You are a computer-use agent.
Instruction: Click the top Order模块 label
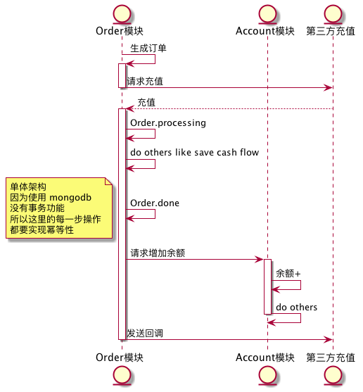click(x=121, y=32)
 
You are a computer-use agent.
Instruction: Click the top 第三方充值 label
click(x=331, y=32)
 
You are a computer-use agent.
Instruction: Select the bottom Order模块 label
click(x=121, y=358)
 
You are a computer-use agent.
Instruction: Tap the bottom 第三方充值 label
click(x=331, y=358)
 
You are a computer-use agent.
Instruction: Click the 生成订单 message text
click(x=148, y=48)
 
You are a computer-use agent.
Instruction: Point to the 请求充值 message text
click(x=145, y=82)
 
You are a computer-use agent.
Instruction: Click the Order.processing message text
click(x=168, y=123)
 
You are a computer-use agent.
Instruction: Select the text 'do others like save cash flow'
click(x=194, y=153)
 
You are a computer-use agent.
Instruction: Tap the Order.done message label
click(x=155, y=203)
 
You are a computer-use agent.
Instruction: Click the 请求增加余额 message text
click(x=158, y=253)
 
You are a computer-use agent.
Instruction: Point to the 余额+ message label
click(x=288, y=273)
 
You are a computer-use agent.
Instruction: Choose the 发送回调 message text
click(x=145, y=333)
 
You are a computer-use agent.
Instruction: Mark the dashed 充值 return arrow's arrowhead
click(x=129, y=109)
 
